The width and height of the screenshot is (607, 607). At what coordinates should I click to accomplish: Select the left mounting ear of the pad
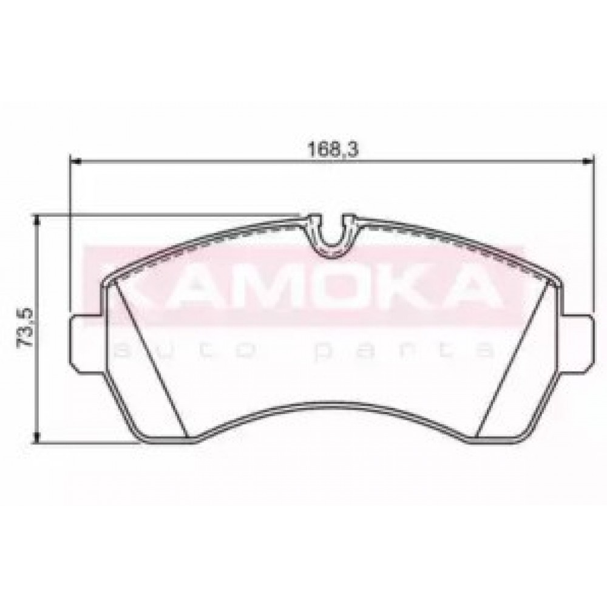tap(86, 344)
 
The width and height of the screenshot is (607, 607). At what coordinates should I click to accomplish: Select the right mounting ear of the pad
tap(577, 344)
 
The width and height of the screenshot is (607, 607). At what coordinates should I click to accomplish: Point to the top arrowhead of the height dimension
tap(37, 221)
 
